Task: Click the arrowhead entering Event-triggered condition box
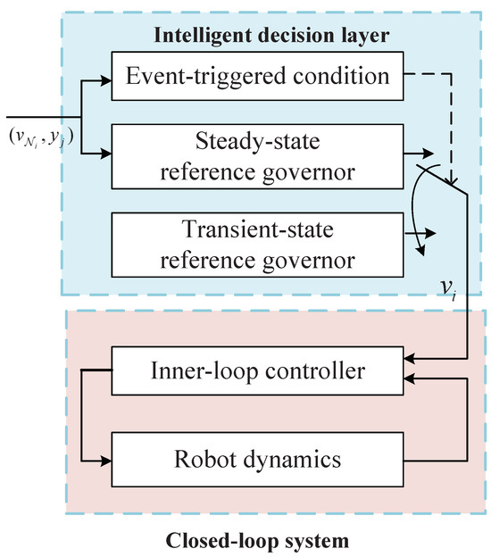pos(106,79)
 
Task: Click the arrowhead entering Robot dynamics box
pos(106,461)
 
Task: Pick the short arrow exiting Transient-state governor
pos(425,233)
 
